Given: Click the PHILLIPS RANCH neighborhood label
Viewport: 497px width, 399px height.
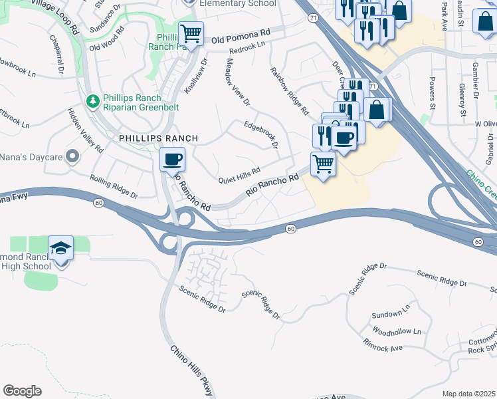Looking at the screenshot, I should click(158, 138).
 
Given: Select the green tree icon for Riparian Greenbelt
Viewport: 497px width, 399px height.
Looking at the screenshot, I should click(93, 102).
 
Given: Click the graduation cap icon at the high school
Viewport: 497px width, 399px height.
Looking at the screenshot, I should click(61, 247).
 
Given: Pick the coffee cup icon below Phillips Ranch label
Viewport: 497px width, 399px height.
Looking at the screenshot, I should click(173, 160).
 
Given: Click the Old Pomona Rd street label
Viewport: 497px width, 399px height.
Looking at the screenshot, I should click(241, 36).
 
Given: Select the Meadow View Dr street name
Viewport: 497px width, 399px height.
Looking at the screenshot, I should click(237, 82).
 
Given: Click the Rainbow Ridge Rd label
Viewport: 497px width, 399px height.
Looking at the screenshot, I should click(289, 89).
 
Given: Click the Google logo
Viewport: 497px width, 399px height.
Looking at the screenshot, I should click(22, 391).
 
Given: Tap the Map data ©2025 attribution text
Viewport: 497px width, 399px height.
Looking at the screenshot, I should click(468, 394).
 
